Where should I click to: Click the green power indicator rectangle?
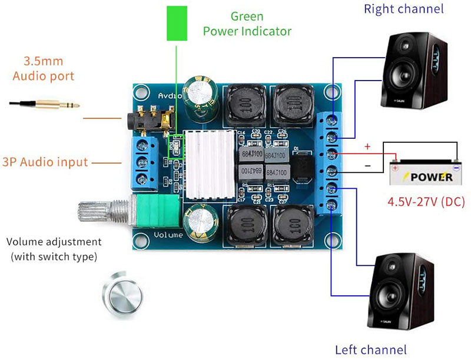(176, 23)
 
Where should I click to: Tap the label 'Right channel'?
(403, 9)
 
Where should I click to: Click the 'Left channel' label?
(370, 350)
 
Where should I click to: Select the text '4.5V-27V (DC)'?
(426, 202)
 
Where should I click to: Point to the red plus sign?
(368, 146)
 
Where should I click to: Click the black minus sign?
(367, 166)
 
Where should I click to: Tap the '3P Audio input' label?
(45, 162)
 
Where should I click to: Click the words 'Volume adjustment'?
(54, 242)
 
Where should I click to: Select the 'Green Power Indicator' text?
(247, 24)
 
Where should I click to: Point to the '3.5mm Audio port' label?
(43, 68)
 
